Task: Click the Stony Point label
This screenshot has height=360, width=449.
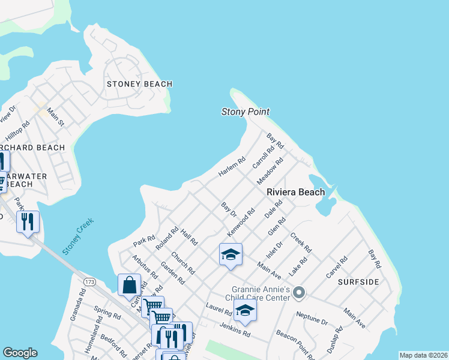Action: [x=245, y=112]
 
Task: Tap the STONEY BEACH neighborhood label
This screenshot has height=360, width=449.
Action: [x=139, y=84]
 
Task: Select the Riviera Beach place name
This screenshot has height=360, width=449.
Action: [x=295, y=192]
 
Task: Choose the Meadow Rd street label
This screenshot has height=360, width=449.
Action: [x=270, y=172]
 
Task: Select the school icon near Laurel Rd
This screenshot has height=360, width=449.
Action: [x=245, y=311]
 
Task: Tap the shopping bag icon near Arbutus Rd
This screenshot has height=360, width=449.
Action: [x=130, y=286]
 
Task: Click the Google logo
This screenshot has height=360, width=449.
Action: [x=20, y=353]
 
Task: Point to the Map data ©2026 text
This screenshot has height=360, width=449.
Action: [x=424, y=355]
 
